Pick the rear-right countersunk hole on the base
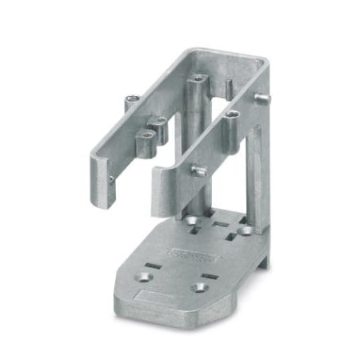point(246,230)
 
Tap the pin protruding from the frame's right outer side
point(263,98)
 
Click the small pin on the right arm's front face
point(194,170)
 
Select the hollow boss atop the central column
point(197,79)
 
